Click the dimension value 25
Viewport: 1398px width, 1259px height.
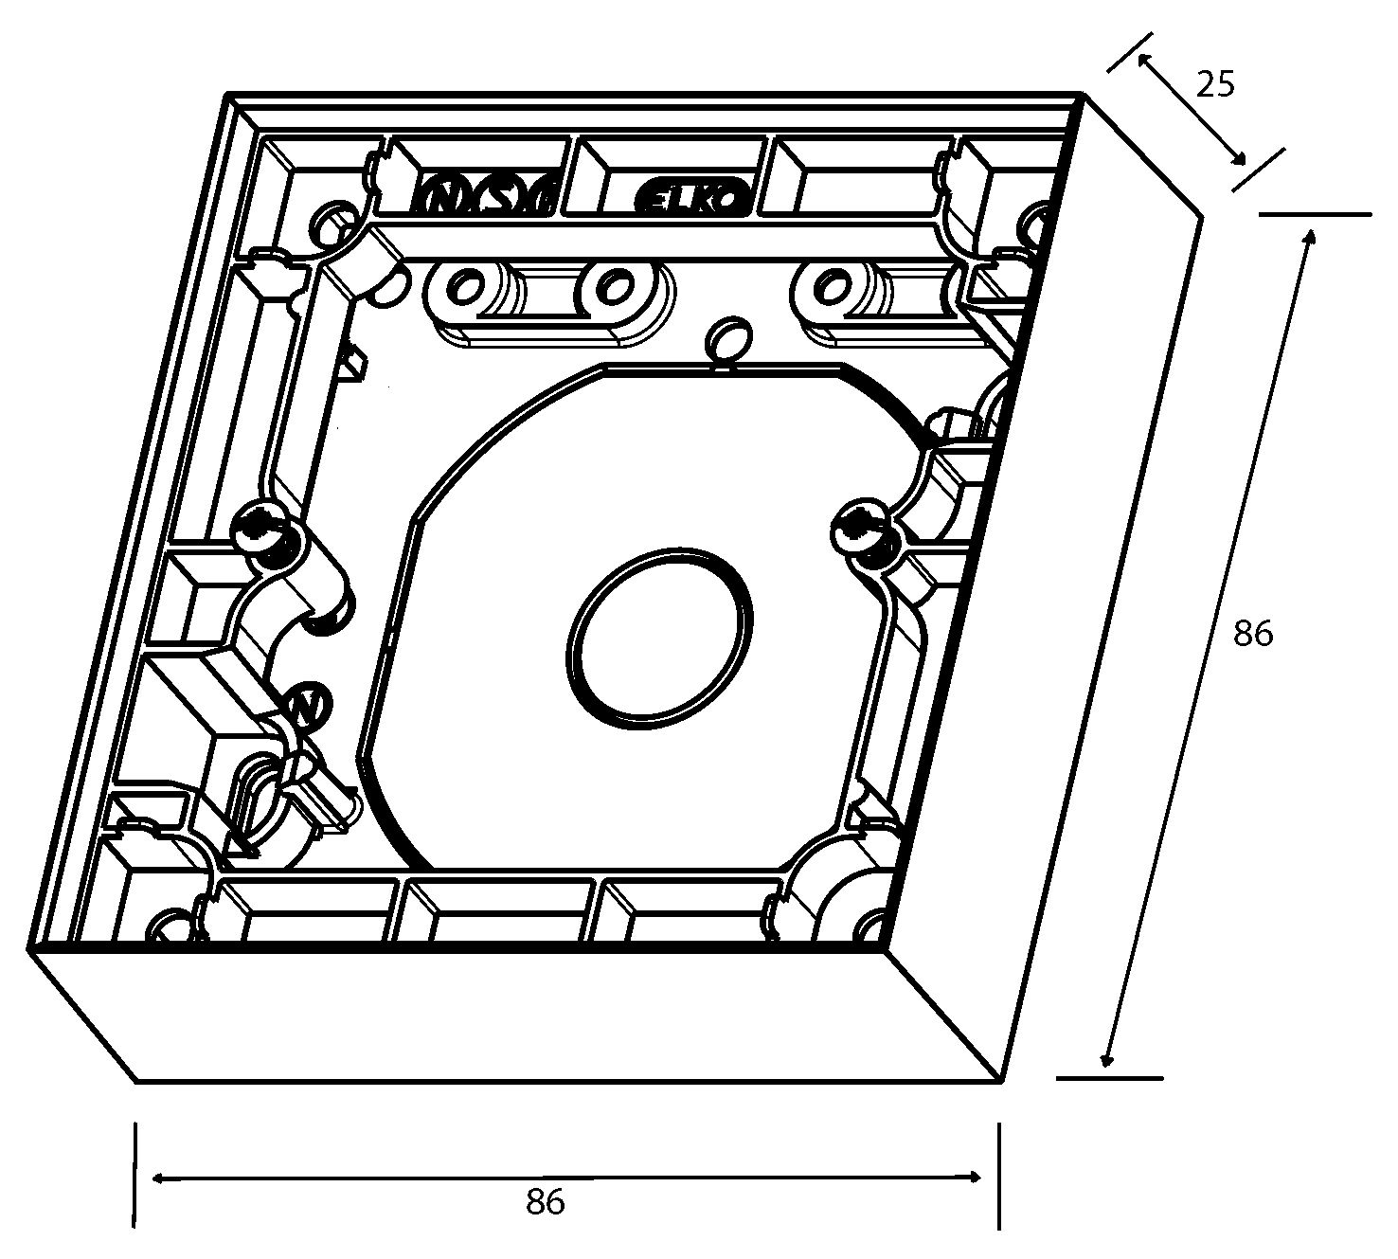click(1216, 85)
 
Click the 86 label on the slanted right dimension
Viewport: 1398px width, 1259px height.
click(1253, 634)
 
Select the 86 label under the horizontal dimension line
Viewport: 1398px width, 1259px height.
click(545, 1202)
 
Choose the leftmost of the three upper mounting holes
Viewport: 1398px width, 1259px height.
click(466, 286)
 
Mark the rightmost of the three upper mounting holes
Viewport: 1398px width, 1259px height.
click(832, 284)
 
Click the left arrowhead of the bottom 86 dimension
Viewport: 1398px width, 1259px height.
click(157, 1178)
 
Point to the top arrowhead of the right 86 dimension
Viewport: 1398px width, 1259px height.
click(1310, 237)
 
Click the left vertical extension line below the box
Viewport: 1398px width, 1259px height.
click(136, 1175)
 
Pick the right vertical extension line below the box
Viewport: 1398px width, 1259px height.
click(998, 1175)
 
